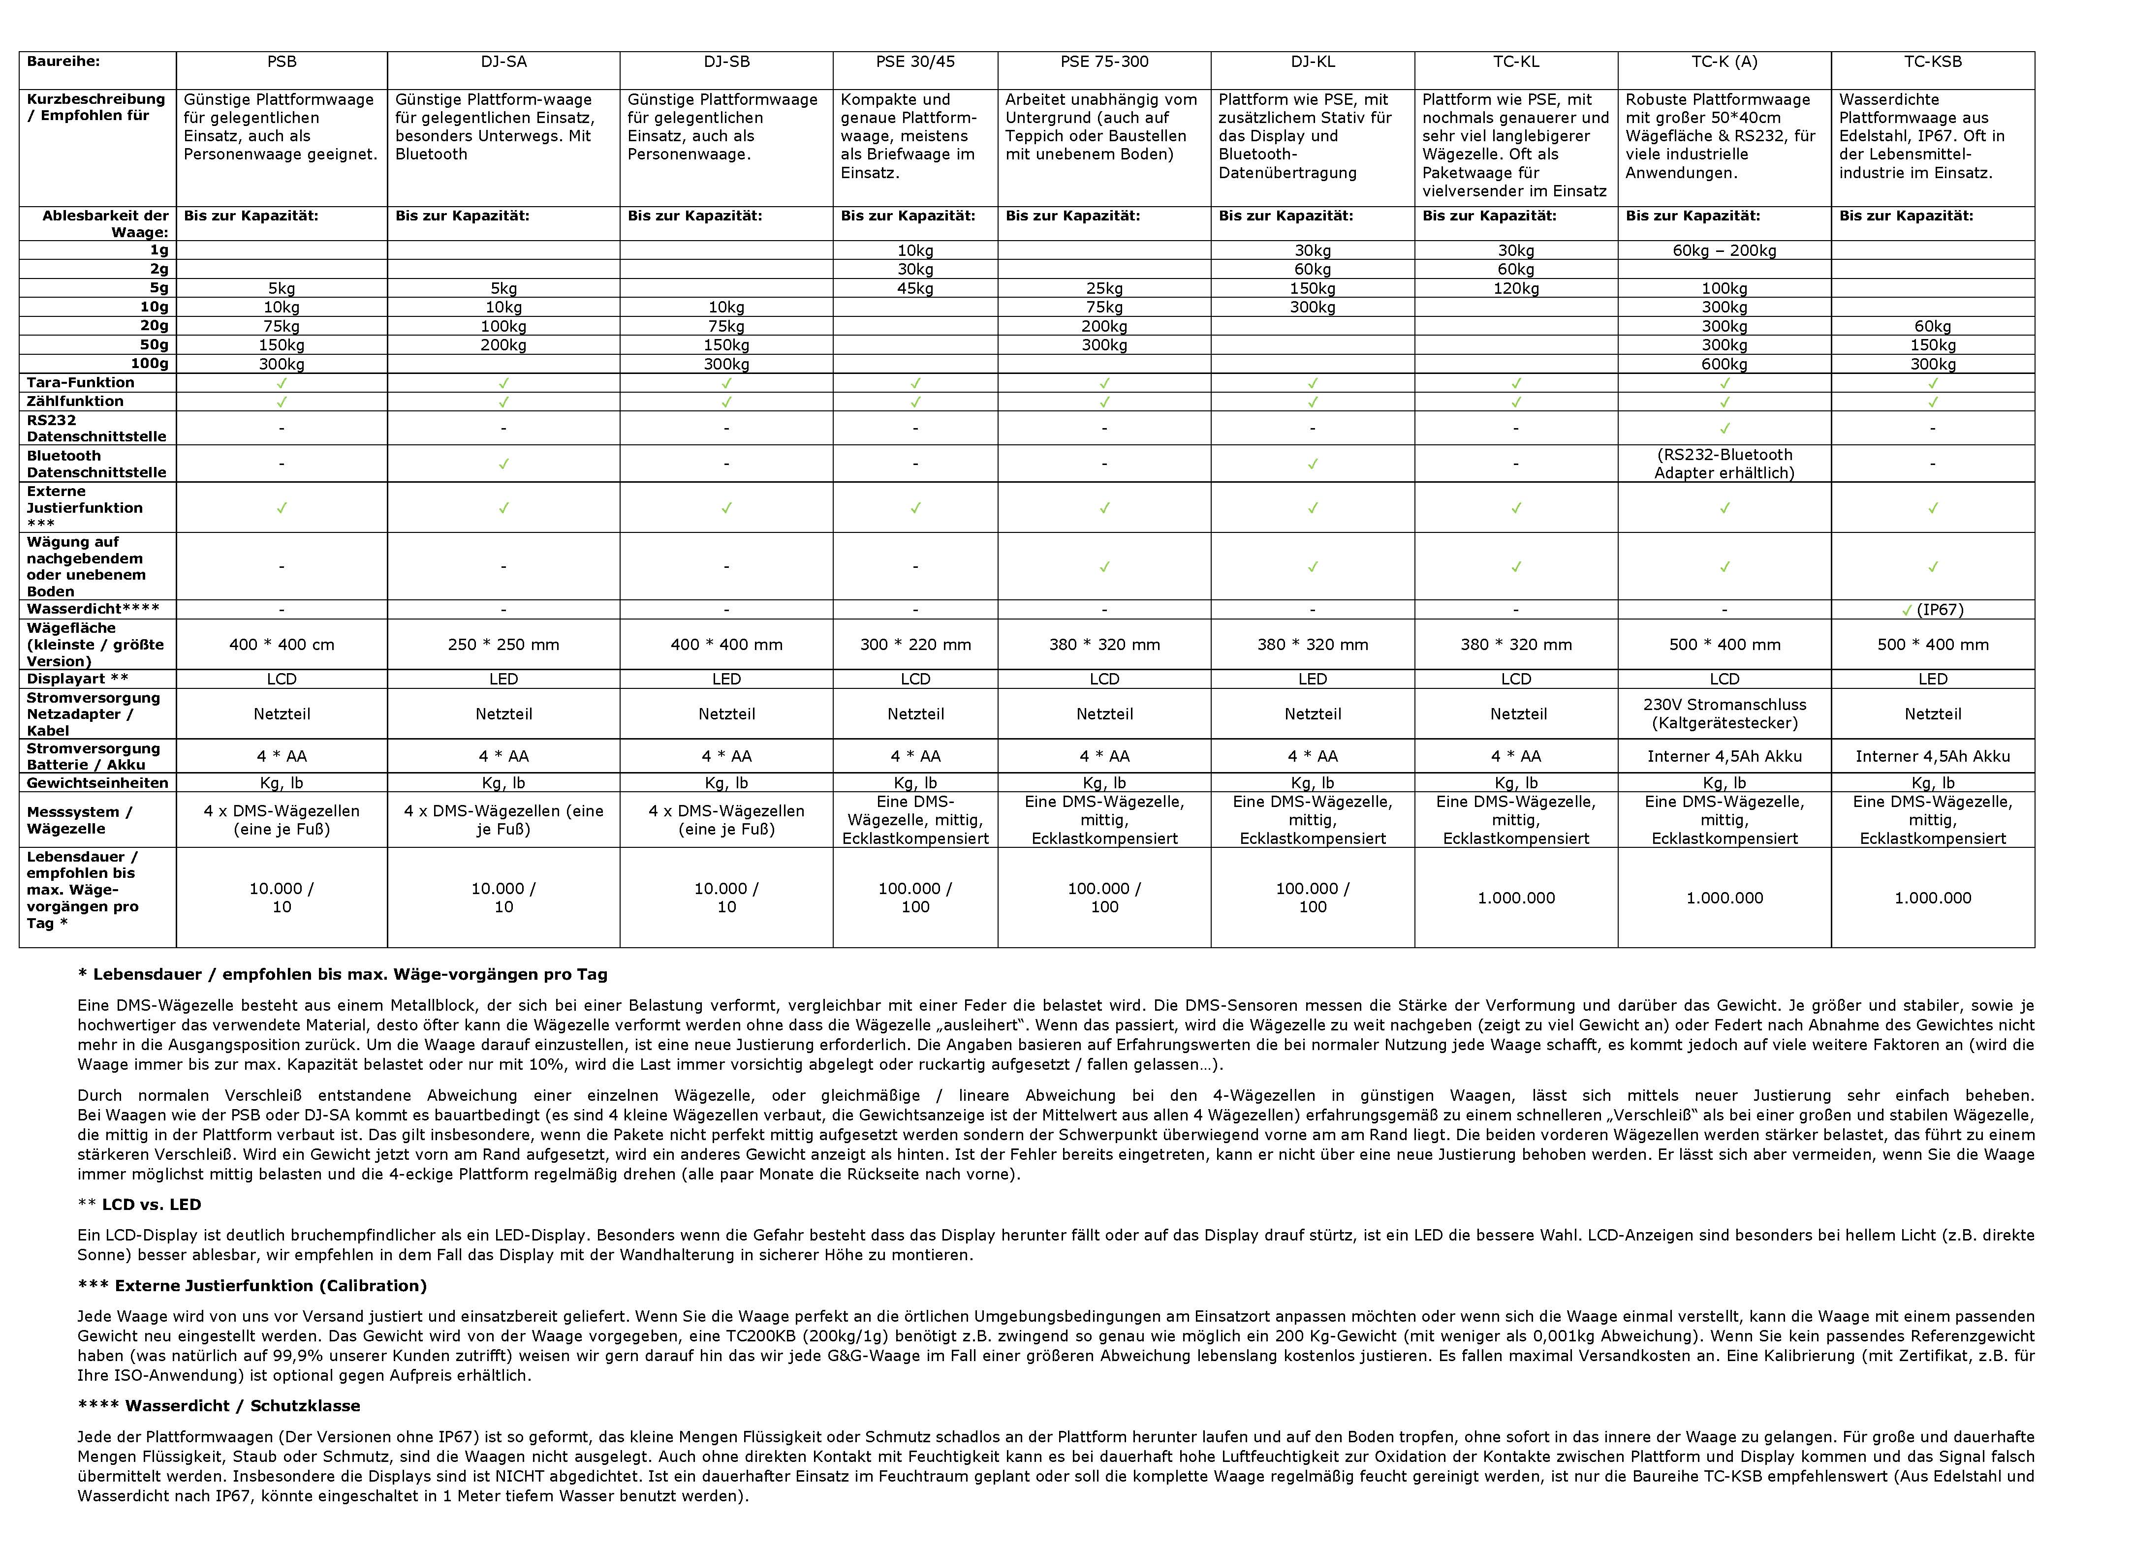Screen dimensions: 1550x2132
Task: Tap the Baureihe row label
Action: tap(63, 62)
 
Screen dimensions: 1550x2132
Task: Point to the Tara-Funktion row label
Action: tap(81, 382)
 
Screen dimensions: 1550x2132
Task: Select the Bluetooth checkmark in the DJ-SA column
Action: tap(504, 464)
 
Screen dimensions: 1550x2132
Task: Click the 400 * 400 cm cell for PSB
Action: tap(282, 645)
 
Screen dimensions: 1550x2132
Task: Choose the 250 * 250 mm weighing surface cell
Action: tap(504, 645)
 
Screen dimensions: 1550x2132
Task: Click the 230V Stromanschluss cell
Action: tap(1724, 713)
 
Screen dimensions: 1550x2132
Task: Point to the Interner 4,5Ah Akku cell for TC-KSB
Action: tap(1933, 757)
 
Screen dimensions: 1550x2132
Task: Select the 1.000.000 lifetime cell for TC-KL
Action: tap(1516, 898)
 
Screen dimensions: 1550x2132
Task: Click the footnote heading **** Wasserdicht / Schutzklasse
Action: tap(219, 1406)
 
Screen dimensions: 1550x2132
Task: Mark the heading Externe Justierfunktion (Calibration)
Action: tap(252, 1286)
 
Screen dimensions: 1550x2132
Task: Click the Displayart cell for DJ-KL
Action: tap(1312, 679)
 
